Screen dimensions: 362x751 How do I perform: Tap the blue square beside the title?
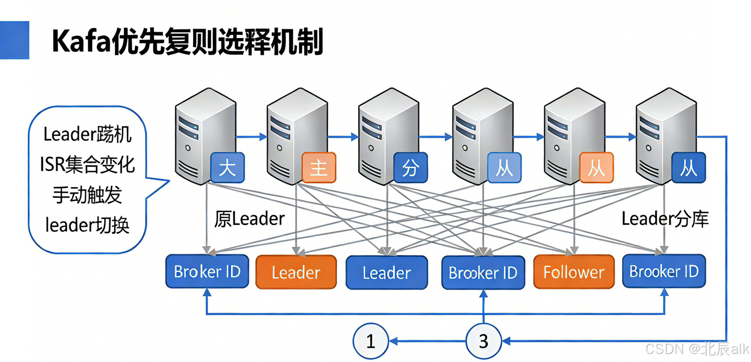(x=14, y=40)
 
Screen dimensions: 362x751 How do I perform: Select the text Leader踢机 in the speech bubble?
(x=87, y=134)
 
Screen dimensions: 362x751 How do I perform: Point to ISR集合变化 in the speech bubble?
(x=87, y=164)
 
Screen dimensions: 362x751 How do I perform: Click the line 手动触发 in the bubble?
(x=87, y=195)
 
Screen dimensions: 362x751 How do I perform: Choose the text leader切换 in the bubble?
(x=87, y=225)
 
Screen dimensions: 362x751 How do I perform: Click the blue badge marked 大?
(x=227, y=168)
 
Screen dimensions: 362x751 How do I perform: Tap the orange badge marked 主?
(x=319, y=168)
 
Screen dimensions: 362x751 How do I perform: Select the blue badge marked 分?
(x=410, y=168)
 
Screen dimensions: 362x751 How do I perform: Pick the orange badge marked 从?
(x=596, y=168)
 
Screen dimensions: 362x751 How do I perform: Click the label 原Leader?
(x=250, y=219)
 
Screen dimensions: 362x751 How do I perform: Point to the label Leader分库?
(x=665, y=219)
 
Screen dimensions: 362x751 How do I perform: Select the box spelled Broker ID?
(x=207, y=272)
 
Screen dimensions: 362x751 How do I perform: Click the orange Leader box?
(x=296, y=272)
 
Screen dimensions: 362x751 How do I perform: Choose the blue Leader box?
(x=387, y=273)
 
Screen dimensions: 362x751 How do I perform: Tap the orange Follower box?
(x=574, y=272)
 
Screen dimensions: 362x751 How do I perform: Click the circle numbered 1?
(x=370, y=342)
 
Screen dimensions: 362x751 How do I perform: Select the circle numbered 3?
(x=483, y=342)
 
